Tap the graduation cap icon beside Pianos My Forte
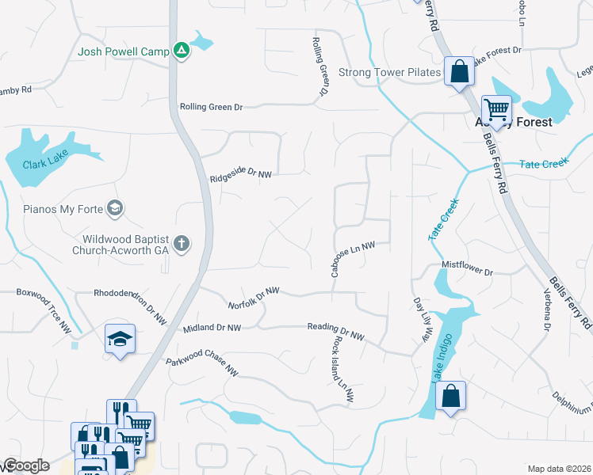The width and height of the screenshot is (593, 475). [115, 209]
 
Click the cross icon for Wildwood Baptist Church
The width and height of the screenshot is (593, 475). [182, 243]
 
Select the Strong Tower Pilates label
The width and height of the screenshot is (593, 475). [389, 73]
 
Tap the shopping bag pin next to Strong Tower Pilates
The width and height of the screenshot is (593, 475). [459, 72]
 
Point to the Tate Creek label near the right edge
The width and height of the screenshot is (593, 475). [544, 164]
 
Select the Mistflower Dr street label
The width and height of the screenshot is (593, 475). [467, 270]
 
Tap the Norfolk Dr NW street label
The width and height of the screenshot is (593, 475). [254, 299]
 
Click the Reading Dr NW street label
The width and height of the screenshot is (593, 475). [335, 332]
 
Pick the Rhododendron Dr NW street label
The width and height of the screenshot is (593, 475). [130, 305]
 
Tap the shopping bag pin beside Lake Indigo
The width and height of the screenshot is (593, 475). [450, 397]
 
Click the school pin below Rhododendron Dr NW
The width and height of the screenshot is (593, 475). [120, 340]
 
